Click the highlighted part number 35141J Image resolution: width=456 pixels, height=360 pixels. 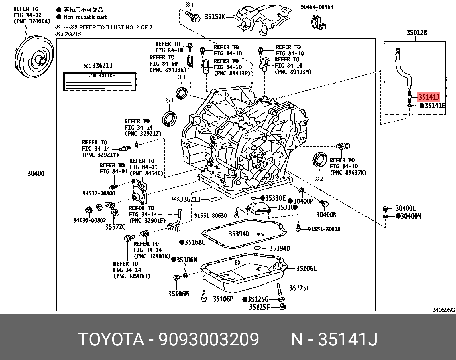tap(429, 97)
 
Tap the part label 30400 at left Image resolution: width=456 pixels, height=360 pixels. tap(36, 173)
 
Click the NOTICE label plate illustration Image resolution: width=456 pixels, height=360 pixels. tap(99, 82)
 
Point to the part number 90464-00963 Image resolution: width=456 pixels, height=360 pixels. tap(317, 7)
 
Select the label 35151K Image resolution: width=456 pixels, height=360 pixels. tap(215, 17)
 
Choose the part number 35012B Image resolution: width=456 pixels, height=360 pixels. tap(417, 33)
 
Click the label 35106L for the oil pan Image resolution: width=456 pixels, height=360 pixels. tap(306, 268)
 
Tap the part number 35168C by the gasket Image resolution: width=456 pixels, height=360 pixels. tap(195, 242)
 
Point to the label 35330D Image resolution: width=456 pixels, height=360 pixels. tap(287, 207)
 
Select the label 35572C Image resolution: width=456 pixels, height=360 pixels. tap(115, 227)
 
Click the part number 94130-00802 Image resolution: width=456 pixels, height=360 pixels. tap(89, 220)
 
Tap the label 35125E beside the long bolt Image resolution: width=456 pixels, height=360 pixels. tap(299, 288)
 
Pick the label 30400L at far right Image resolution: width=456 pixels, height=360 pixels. tap(406, 209)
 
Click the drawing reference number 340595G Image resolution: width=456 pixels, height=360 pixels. tap(444, 310)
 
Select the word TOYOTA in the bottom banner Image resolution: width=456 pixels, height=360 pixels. tap(111, 339)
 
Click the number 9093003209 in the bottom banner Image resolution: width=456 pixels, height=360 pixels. tap(209, 339)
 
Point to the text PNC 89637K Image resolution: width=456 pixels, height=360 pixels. tap(348, 173)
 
